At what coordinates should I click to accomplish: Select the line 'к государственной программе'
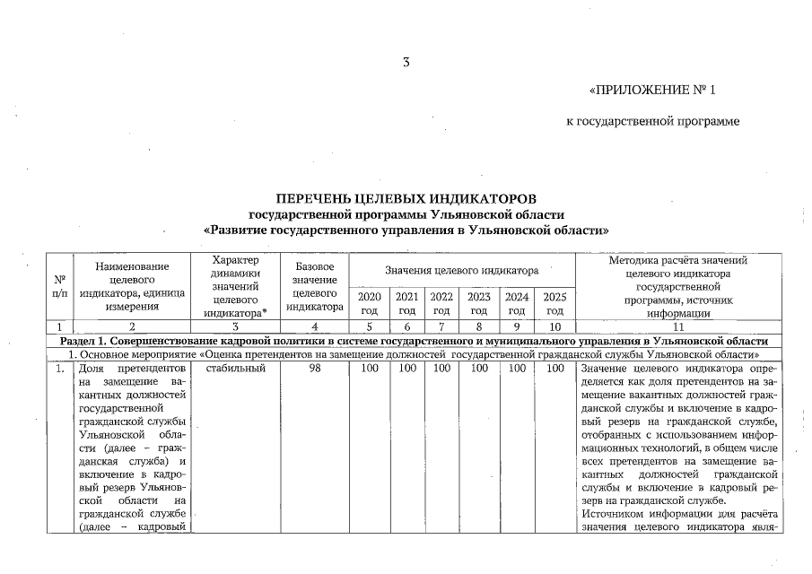[652, 121]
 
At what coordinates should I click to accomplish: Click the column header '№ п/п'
[59, 286]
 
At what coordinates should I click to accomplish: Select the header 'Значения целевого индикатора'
[461, 270]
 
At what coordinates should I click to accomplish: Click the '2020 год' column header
[369, 303]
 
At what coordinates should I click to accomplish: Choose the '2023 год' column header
[479, 303]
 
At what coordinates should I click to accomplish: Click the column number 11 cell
[677, 327]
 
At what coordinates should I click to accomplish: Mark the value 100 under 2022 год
[441, 369]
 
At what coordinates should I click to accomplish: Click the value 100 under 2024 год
[516, 369]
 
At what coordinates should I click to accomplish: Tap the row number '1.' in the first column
[59, 369]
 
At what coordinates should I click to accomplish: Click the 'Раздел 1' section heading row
[413, 342]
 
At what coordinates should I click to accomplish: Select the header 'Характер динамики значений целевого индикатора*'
[235, 286]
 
